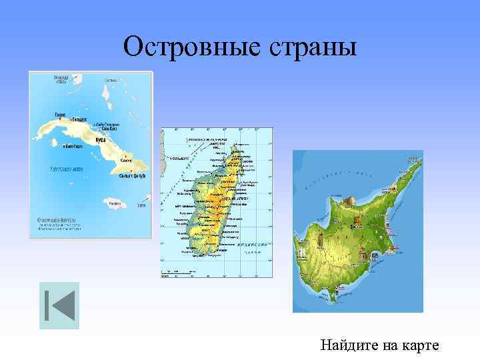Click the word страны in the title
[x=312, y=47]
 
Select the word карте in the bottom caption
[x=420, y=345]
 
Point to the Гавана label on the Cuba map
[x=59, y=114]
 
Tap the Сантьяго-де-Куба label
[x=132, y=176]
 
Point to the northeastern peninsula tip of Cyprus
[x=419, y=157]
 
